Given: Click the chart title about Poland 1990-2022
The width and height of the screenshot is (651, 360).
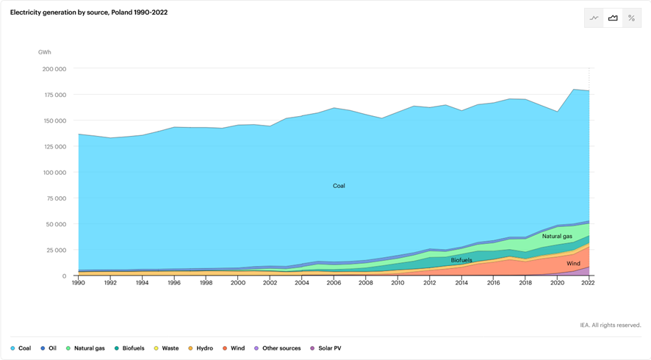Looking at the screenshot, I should pos(89,12).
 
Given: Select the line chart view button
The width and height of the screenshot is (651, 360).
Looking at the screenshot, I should pos(594,18).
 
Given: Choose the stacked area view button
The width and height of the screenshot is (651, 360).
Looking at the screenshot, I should pos(613,18).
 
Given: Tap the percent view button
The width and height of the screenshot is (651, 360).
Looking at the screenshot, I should pos(631,18).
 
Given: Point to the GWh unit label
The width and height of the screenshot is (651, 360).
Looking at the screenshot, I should pos(45,52).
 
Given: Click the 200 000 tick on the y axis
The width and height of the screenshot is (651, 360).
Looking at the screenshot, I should pos(54,69).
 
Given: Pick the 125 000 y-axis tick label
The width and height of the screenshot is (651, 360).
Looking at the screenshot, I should pos(54,147).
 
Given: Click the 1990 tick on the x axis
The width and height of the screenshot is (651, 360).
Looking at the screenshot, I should pos(78,283).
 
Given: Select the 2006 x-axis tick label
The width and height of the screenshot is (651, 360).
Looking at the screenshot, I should pos(334,283).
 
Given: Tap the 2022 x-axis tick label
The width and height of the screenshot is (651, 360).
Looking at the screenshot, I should pos(588,283).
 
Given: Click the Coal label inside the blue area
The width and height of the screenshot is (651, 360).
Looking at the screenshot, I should pos(339,186).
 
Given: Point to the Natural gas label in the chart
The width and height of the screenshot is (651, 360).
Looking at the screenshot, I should pos(557,237).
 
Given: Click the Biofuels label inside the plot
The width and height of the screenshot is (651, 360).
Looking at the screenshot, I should pos(461,260).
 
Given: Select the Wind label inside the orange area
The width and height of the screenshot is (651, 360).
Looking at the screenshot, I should pos(573,263).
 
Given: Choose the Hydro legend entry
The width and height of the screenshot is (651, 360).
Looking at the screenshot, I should pos(200,348).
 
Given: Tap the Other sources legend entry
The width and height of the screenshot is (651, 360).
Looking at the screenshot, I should pos(278,348).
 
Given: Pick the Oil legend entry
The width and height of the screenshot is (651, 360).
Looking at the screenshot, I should pos(48,348).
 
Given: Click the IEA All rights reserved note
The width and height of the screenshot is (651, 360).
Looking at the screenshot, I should pos(610,325).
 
